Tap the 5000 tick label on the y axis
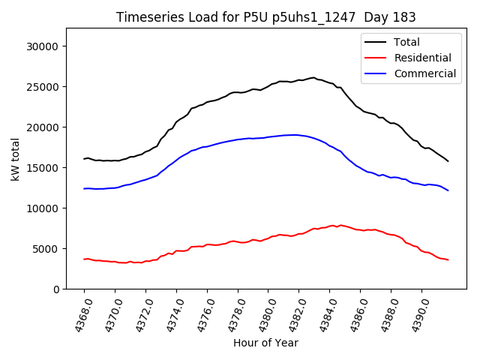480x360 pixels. [x=46, y=249]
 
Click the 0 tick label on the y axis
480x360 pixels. [x=57, y=289]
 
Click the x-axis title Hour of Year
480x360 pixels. [x=265, y=343]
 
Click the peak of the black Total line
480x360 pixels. [x=313, y=77]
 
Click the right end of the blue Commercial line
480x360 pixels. [x=448, y=190]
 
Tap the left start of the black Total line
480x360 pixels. [x=84, y=159]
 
